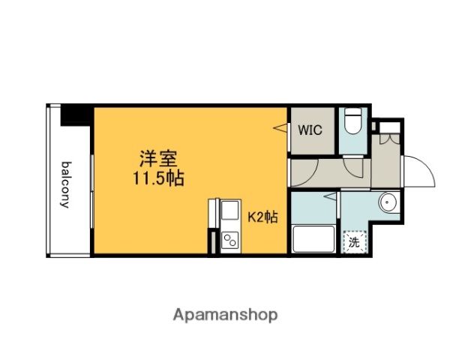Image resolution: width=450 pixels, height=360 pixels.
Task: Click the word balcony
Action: point(67,184)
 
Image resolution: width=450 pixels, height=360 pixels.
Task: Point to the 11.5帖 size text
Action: point(159,179)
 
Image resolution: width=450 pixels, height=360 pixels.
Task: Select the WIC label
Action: point(310,130)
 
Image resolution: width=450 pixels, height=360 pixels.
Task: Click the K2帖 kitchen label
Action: point(262,217)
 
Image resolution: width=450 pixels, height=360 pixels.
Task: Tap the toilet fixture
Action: point(352,123)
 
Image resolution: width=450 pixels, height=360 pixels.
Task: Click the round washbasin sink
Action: point(388,202)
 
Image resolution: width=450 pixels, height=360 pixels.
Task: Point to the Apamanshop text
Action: point(226,314)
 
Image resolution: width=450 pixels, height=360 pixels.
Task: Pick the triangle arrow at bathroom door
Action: point(330,196)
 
